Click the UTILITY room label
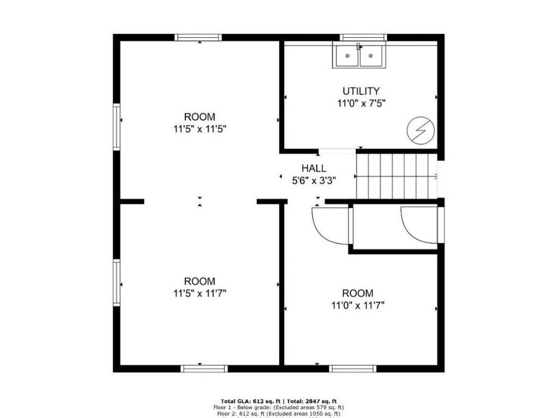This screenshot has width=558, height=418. point(361,91)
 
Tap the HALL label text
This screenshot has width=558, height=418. point(314,168)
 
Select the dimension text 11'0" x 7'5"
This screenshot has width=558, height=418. point(361,104)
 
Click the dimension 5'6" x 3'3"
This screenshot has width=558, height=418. point(314,181)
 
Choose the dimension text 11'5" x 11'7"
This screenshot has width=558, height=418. point(200,294)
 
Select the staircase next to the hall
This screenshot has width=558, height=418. point(397,176)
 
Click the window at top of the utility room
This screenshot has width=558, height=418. point(363,37)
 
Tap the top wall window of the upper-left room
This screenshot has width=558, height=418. point(198,37)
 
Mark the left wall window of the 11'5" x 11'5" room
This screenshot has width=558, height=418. point(117,127)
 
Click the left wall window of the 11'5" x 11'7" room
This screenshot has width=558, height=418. point(117,282)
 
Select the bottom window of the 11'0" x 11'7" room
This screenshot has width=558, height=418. point(353,368)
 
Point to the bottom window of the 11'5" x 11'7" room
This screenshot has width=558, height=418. point(204,368)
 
